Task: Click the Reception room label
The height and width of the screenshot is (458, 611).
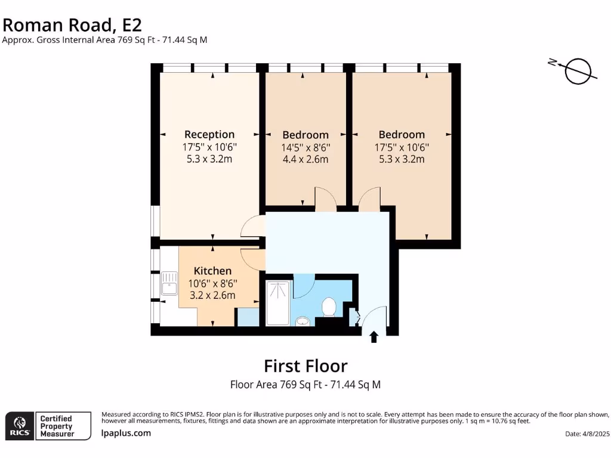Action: pos(209,134)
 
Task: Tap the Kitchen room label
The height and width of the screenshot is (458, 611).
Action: pos(212,271)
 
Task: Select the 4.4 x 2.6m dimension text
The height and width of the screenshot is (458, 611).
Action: pos(305,159)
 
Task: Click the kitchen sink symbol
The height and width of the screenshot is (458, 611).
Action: pos(169,283)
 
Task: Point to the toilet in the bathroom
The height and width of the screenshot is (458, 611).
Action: pos(329,307)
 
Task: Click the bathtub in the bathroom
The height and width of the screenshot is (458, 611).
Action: pos(277,303)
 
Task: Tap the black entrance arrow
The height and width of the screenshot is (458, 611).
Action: pos(374,338)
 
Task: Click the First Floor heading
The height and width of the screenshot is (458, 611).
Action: pos(305,365)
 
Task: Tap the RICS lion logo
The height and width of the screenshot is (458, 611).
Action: pos(18,425)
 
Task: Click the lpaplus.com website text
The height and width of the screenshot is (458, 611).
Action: pos(126,433)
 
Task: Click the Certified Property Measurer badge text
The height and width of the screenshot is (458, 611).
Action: pos(56,426)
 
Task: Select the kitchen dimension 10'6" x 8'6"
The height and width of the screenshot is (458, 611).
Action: pos(212,283)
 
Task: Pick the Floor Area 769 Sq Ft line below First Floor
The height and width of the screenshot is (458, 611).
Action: pos(305,385)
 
